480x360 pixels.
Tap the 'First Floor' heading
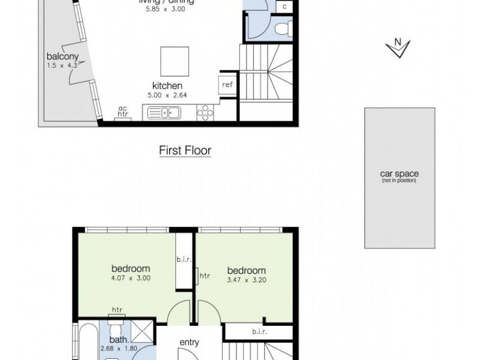185,151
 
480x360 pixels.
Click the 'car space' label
399,174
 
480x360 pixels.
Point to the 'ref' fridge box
227,85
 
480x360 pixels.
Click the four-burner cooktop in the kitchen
205,112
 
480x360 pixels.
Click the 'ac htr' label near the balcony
123,112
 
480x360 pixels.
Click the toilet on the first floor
281,28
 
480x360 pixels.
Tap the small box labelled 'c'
284,7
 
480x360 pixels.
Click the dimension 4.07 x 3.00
130,278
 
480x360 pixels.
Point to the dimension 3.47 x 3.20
247,280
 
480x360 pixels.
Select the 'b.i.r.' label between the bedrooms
183,260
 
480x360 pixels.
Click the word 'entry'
190,343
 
